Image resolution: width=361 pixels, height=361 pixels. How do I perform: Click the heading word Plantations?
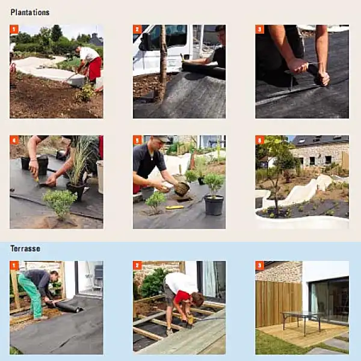(x=29, y=12)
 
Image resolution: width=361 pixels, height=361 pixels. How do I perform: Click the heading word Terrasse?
(x=26, y=248)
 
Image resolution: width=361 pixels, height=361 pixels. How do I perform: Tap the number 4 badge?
(x=14, y=140)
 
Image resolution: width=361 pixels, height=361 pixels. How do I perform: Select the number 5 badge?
(x=137, y=140)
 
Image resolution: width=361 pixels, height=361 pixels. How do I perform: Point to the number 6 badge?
(x=260, y=140)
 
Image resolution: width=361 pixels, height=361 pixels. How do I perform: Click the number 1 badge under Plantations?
(x=14, y=29)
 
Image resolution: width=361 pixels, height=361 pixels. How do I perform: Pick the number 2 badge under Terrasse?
(x=137, y=265)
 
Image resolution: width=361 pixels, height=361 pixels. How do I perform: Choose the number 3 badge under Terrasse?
(x=260, y=265)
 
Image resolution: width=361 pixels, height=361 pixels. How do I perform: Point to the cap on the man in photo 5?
(x=162, y=139)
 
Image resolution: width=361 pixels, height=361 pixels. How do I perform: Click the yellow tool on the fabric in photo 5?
(x=174, y=208)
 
